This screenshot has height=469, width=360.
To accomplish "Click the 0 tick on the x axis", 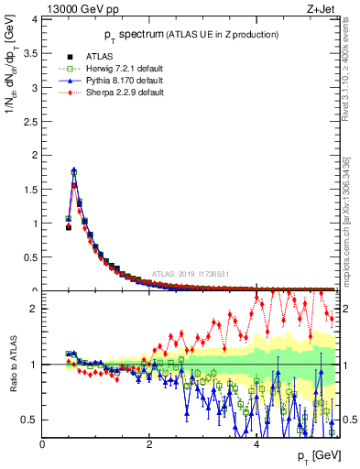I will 42,445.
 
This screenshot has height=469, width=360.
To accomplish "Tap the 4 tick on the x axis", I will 256,445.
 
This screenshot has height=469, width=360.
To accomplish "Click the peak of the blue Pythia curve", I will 74,169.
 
